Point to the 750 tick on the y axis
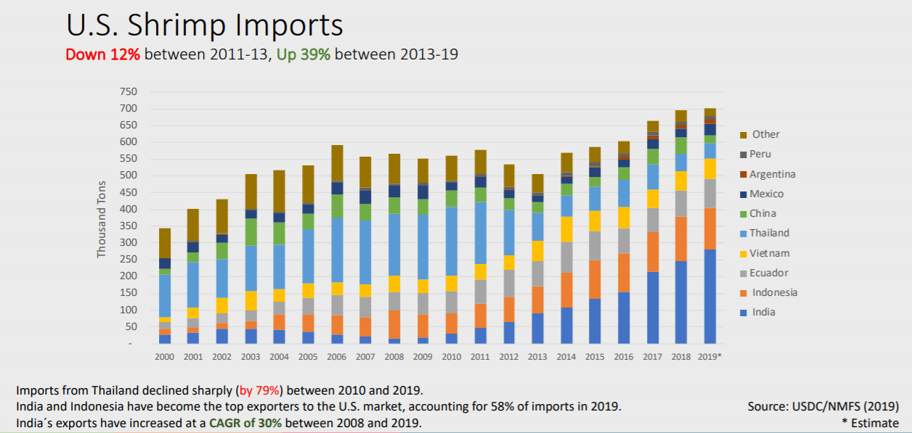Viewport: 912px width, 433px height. pyautogui.click(x=128, y=92)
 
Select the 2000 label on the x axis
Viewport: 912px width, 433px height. pyautogui.click(x=165, y=356)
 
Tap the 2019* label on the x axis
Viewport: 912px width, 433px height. pyautogui.click(x=709, y=356)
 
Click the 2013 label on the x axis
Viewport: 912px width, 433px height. pyautogui.click(x=537, y=356)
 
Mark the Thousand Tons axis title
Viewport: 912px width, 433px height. pyautogui.click(x=102, y=218)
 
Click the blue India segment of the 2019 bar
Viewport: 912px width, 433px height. pyautogui.click(x=709, y=296)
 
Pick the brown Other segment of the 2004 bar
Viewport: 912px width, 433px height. pyautogui.click(x=280, y=191)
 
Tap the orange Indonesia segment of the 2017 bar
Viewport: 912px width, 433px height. pyautogui.click(x=652, y=252)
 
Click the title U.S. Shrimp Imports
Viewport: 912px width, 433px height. pyautogui.click(x=204, y=25)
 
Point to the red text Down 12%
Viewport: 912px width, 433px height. pyautogui.click(x=102, y=54)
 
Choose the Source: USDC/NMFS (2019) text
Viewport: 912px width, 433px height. pyautogui.click(x=823, y=406)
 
